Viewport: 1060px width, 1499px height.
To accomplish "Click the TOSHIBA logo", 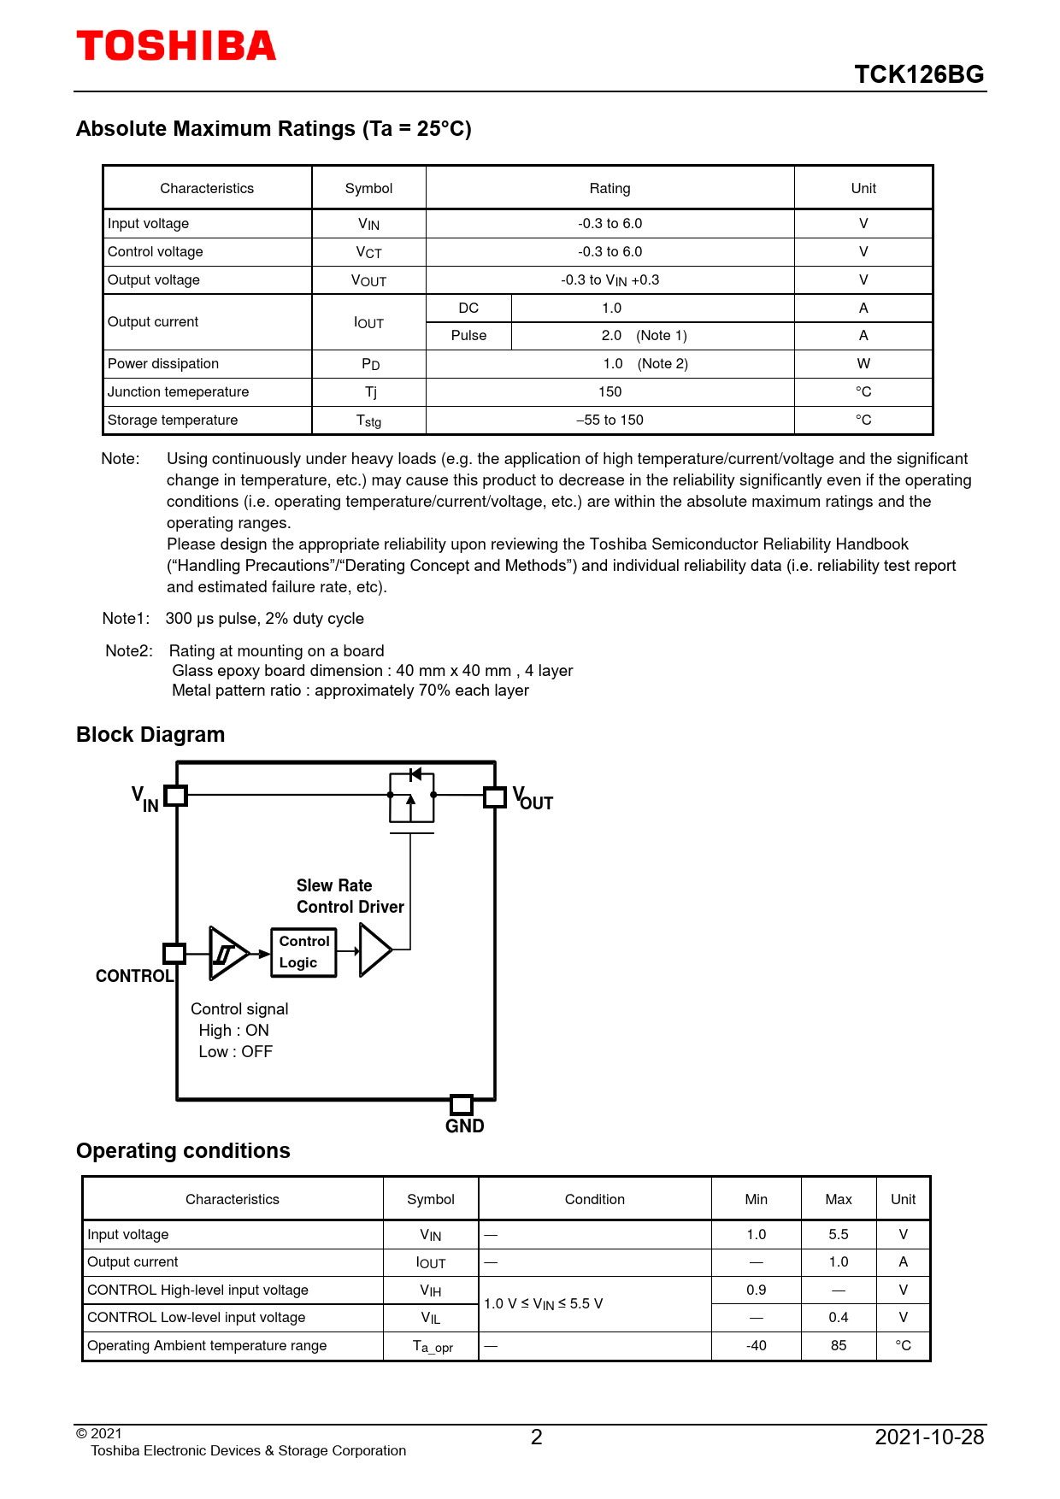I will [x=176, y=46].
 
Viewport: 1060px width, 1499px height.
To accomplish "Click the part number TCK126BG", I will [x=919, y=74].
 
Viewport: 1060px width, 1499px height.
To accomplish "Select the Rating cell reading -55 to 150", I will [x=609, y=420].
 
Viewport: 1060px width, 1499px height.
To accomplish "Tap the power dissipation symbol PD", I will [x=370, y=364].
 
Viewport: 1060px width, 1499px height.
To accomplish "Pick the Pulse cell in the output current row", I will [x=468, y=336].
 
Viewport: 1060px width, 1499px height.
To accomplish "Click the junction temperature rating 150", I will [x=609, y=392].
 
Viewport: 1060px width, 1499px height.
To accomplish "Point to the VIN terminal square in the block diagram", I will [x=175, y=796].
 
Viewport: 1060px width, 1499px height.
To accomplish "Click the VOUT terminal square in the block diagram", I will [x=495, y=797].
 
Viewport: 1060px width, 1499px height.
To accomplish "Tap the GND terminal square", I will [x=462, y=1104].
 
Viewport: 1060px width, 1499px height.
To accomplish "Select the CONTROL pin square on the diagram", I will [x=174, y=953].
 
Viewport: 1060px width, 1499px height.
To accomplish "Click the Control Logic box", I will [x=303, y=952].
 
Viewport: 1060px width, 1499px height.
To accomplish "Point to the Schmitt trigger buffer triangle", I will [x=227, y=953].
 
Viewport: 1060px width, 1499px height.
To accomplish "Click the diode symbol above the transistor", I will [x=415, y=774].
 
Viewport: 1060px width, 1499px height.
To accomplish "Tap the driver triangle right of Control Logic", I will [x=374, y=949].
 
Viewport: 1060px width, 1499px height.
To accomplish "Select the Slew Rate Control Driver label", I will [x=350, y=896].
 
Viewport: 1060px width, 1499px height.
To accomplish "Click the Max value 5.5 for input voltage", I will [x=838, y=1235].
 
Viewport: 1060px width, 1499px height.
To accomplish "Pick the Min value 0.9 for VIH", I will [x=756, y=1290].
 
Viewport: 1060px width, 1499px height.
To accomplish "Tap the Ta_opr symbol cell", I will [x=432, y=1347].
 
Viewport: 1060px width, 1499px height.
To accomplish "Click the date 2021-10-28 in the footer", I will [x=929, y=1437].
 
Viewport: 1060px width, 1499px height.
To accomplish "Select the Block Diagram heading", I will [x=150, y=735].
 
